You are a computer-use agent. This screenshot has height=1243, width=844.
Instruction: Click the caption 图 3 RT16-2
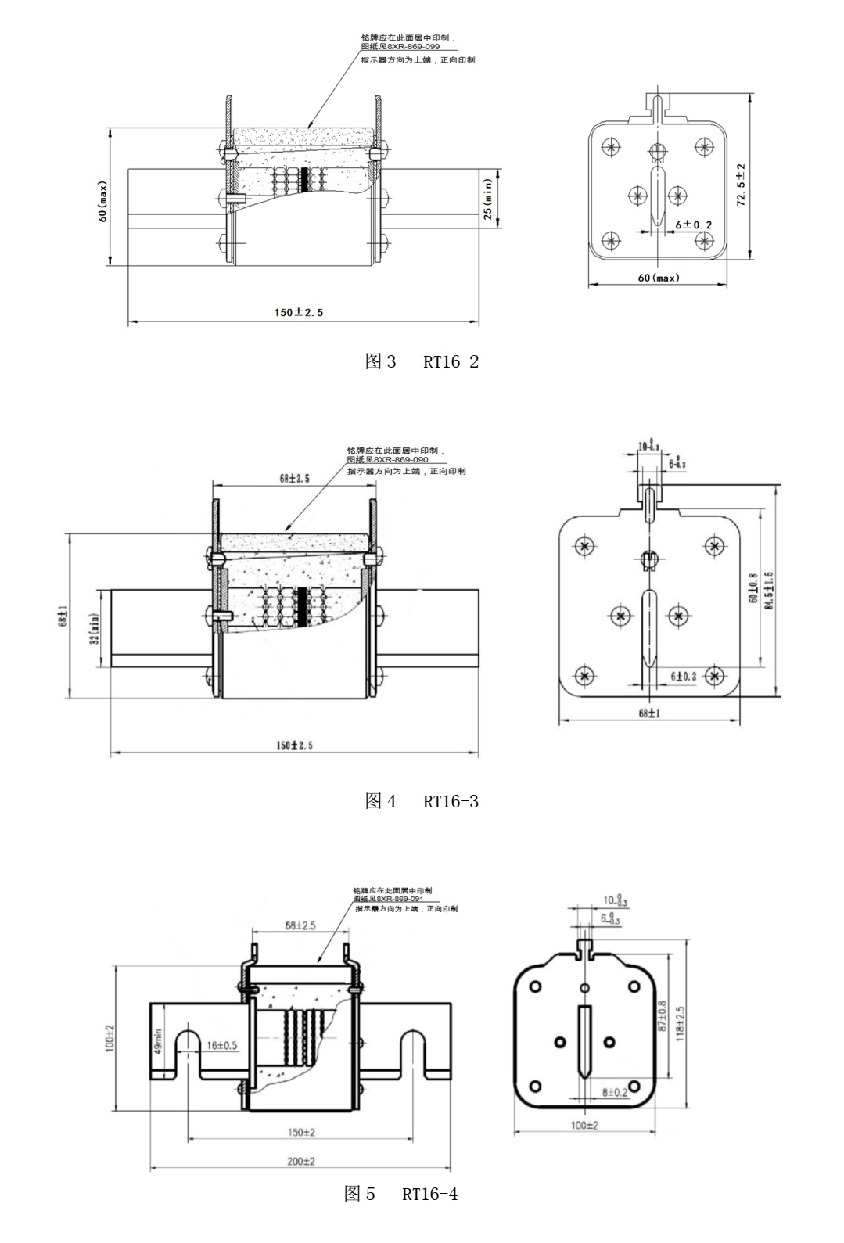point(422,361)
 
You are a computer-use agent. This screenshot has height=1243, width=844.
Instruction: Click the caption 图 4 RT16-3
point(422,801)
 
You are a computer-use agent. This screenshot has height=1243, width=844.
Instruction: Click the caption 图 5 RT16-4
point(400,1194)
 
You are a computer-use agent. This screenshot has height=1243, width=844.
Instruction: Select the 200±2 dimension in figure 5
point(300,1162)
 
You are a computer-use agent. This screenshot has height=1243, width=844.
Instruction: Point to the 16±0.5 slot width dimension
point(223,1045)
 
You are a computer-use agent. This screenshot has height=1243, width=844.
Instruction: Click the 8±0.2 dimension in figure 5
point(615,1092)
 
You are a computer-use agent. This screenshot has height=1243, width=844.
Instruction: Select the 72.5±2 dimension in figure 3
point(741,185)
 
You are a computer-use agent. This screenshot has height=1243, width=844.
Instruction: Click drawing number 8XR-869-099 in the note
point(411,47)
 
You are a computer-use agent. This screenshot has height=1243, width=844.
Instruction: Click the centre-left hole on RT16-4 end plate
point(559,1042)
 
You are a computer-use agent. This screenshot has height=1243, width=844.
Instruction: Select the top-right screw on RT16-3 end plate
point(713,546)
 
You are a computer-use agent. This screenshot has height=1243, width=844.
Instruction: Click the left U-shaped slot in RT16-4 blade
point(188,1048)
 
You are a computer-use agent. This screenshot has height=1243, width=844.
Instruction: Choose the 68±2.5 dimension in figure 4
point(294,477)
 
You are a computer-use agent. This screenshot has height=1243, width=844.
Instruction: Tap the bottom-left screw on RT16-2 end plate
point(612,239)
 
